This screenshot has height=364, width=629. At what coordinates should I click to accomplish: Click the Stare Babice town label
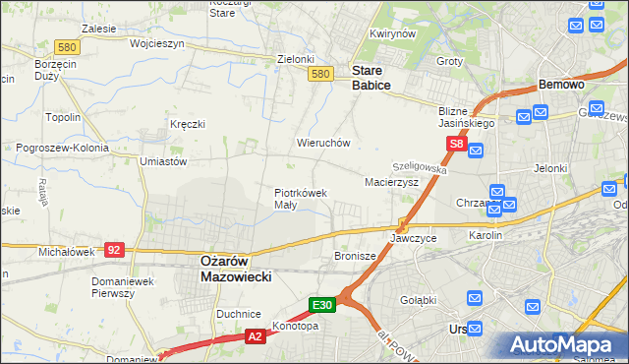[x=372, y=78]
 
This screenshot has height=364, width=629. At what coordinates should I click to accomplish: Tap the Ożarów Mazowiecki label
[x=236, y=269]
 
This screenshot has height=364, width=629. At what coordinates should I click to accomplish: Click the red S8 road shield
[x=456, y=144]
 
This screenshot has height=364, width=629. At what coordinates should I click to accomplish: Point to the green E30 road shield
[x=324, y=305]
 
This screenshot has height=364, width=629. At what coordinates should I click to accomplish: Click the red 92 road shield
[x=115, y=250]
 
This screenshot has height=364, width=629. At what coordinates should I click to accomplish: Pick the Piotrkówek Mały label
[x=300, y=199]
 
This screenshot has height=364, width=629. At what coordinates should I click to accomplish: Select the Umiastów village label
[x=163, y=160]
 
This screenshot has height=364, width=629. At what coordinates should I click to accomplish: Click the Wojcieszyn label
[x=130, y=44]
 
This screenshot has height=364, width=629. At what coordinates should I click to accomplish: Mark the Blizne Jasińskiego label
[x=467, y=118]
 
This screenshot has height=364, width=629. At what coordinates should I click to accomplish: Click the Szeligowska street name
[x=420, y=169]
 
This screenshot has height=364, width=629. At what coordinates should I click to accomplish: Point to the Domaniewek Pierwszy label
[x=120, y=287]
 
